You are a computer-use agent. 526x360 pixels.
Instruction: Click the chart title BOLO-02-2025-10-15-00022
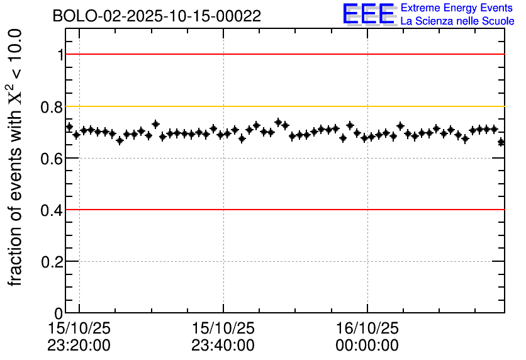click(x=157, y=16)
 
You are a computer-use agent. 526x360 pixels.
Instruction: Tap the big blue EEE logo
click(x=369, y=14)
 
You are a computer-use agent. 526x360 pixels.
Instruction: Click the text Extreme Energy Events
click(x=457, y=8)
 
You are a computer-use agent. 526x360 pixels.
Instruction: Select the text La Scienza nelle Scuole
click(x=457, y=21)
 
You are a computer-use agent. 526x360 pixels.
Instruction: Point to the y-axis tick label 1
click(x=60, y=55)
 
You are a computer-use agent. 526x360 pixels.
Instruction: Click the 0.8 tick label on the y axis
click(x=52, y=106)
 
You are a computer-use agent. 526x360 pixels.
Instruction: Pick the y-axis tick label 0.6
click(x=52, y=158)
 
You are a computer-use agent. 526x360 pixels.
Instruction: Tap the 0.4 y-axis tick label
click(x=52, y=210)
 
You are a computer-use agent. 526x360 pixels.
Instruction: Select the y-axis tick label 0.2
click(x=52, y=261)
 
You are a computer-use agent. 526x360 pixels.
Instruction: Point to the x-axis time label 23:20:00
click(x=79, y=346)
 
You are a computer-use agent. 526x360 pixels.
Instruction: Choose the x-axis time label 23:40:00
click(x=223, y=346)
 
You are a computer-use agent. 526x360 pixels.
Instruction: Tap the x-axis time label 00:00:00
click(x=367, y=346)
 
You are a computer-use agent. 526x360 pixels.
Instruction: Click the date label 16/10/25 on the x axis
click(x=367, y=329)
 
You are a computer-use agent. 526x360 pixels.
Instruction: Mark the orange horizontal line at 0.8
click(x=283, y=106)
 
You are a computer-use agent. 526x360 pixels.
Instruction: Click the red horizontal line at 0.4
click(x=283, y=210)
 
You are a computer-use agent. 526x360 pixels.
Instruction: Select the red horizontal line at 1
click(x=283, y=54)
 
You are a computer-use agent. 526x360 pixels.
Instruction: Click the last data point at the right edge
click(x=501, y=142)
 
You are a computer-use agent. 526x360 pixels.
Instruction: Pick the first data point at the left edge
click(x=69, y=127)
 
